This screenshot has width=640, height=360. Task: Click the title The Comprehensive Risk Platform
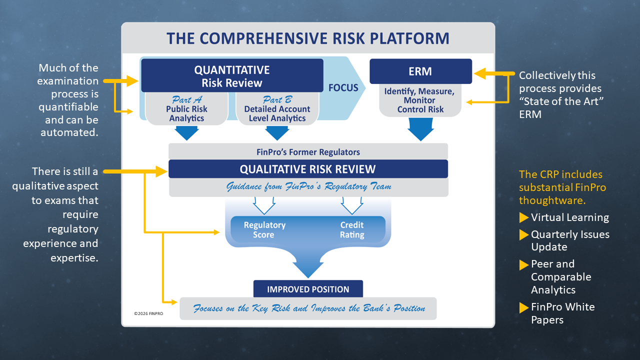coord(308,38)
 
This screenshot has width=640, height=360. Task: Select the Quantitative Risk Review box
coord(231,76)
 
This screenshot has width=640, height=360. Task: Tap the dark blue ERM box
coord(420,71)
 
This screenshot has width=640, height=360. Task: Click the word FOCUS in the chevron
coord(343,88)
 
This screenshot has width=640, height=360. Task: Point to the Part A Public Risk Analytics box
coord(186,109)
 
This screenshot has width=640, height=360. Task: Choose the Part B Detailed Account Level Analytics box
coord(277,109)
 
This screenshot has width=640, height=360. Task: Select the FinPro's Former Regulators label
coord(308,151)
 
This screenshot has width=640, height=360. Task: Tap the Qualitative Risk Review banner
coord(308,169)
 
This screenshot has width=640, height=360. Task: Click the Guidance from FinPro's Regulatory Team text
coord(308,186)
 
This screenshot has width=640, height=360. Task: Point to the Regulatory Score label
coord(264,230)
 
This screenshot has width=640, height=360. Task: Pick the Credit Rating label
coord(352,230)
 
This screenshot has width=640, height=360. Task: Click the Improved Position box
coord(308,289)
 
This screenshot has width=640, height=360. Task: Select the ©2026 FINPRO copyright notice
coord(148,313)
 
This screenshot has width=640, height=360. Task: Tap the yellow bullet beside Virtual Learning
coord(523,217)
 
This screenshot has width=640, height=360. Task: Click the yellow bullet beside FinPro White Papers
coord(523,307)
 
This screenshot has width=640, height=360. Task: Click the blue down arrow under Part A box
coord(186,133)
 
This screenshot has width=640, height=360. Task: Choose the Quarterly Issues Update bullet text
coord(570,240)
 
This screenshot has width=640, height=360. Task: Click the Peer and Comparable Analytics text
coord(560,276)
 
